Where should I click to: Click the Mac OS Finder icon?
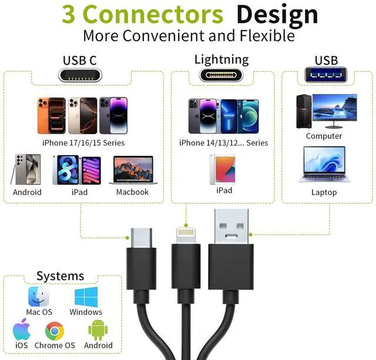[39, 297]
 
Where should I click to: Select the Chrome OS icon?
[55, 332]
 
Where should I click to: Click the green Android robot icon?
[97, 331]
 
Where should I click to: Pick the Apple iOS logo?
[22, 331]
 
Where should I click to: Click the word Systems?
[60, 276]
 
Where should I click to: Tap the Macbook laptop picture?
[132, 170]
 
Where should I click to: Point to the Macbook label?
[132, 192]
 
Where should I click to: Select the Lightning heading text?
[221, 59]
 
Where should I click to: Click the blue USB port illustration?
[325, 75]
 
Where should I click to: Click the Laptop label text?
[324, 192]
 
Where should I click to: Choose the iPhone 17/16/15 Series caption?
[83, 143]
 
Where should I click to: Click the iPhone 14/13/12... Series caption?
[223, 143]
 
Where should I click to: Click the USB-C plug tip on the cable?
[142, 238]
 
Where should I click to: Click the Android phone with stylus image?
[27, 170]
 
